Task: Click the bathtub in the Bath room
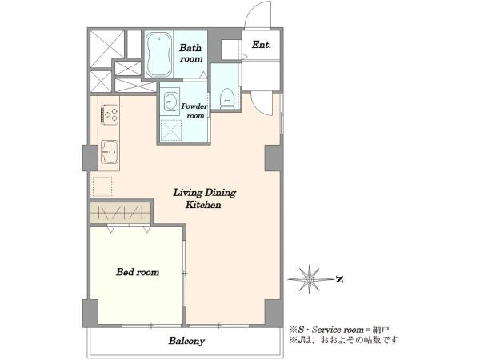coord(158,54)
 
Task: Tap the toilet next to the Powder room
coord(227,98)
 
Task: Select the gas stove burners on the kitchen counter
coord(110,114)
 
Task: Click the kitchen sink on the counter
coord(110,151)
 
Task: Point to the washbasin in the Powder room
coord(170,100)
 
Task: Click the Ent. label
coord(261,45)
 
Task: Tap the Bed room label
coord(138,272)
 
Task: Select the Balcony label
coord(186,341)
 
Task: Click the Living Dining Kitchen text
coord(205,198)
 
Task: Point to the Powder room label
coord(194,111)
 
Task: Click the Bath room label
coord(190,53)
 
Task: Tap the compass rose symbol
coord(310,279)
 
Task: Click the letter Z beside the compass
coord(339,279)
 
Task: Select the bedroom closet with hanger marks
coord(121,213)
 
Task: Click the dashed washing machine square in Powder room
coord(171,130)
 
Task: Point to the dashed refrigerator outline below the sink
coord(102,186)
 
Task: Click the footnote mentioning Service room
coord(340,330)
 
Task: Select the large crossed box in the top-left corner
coord(107,49)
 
